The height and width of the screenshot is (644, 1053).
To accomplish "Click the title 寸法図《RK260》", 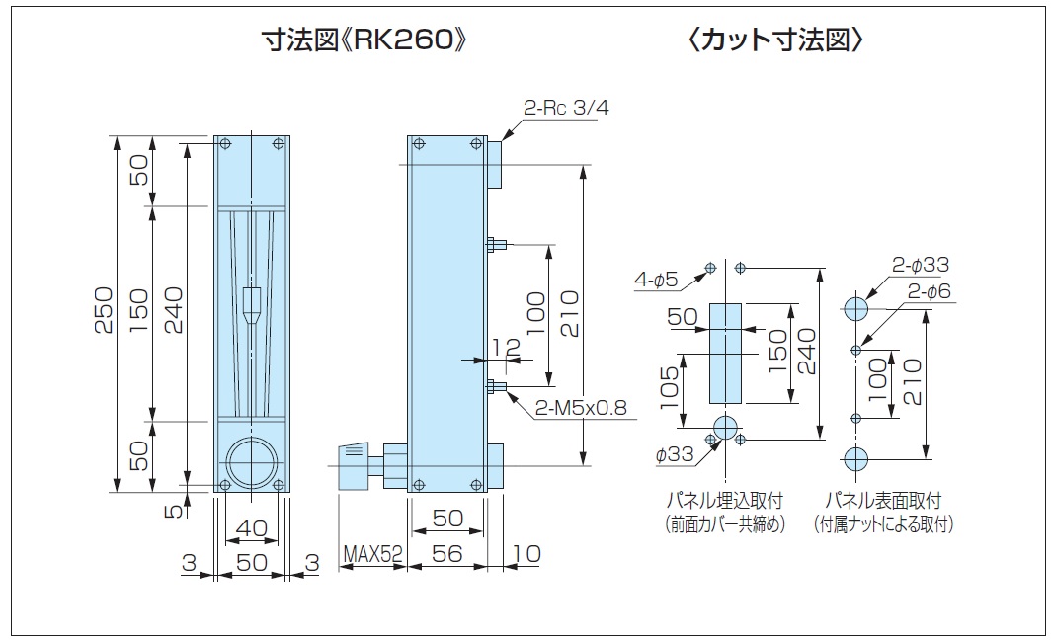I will tap(362, 41).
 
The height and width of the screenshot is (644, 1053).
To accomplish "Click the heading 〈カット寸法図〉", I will tap(778, 41).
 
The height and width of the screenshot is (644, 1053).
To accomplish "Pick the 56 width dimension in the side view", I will tap(447, 554).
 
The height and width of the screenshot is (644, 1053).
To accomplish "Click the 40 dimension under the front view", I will tap(252, 528).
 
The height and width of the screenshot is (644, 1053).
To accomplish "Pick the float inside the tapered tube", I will tap(252, 306).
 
